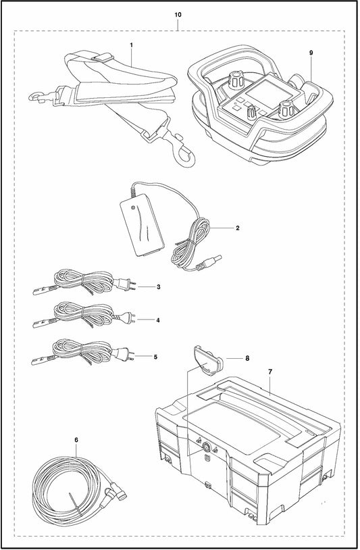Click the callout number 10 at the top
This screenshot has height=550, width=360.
178,15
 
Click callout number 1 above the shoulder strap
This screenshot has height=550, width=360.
132,45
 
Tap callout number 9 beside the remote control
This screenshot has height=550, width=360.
311,53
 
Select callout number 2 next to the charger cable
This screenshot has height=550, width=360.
238,228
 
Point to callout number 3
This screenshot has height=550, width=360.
159,287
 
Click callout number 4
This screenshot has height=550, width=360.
158,320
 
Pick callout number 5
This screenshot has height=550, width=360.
155,357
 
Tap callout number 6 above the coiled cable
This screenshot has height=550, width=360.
76,440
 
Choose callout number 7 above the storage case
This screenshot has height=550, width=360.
270,372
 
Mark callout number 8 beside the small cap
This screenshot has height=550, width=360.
247,359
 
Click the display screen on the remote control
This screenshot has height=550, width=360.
262,89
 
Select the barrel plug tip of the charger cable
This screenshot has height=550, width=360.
217,261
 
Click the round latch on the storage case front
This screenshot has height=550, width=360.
207,447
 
